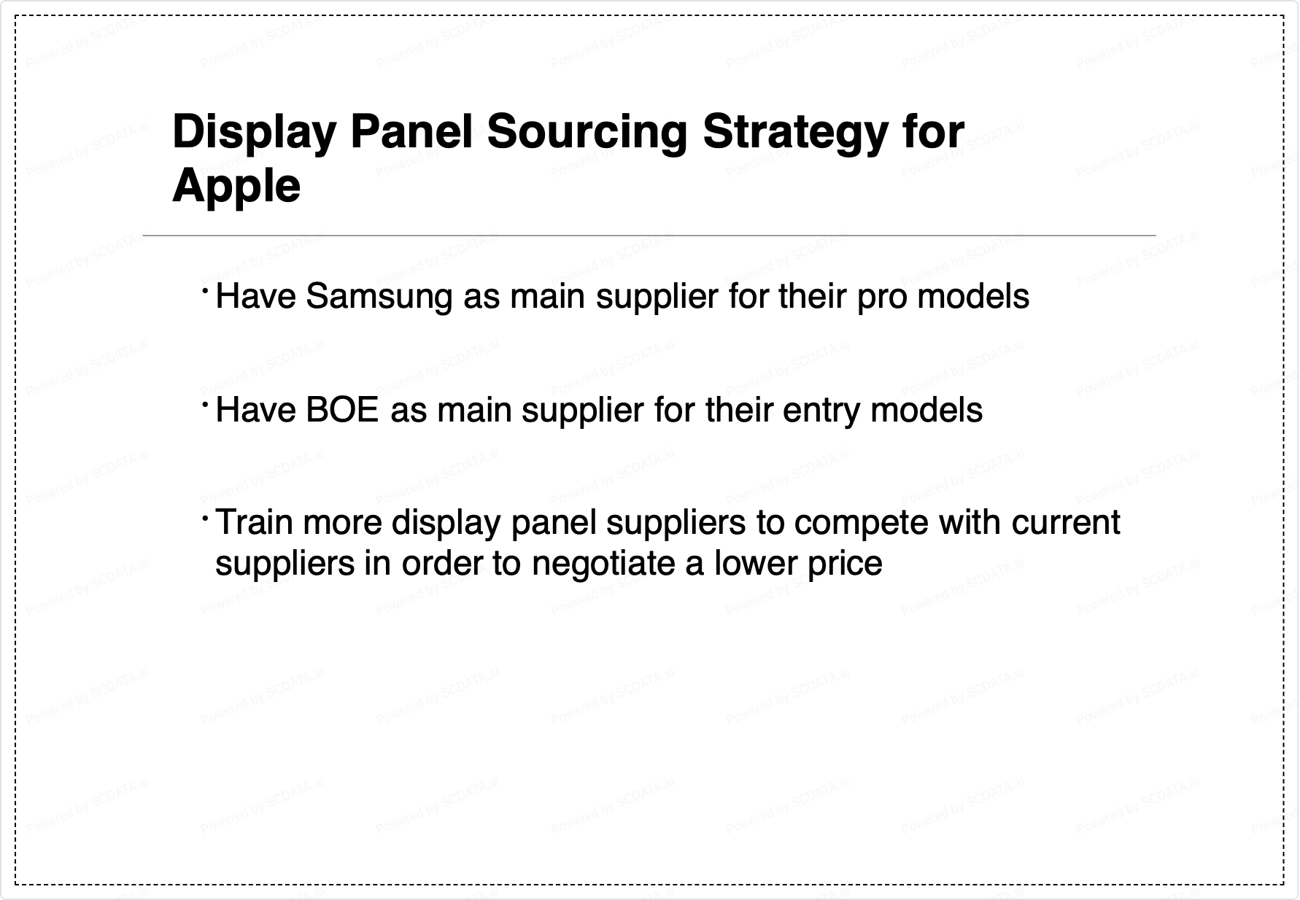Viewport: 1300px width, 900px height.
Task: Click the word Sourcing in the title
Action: [587, 133]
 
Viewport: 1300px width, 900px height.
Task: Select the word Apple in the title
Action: [236, 187]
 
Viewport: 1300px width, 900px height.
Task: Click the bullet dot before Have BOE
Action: [206, 403]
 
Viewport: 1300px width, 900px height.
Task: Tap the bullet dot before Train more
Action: [206, 516]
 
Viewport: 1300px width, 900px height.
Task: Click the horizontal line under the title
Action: [649, 236]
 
